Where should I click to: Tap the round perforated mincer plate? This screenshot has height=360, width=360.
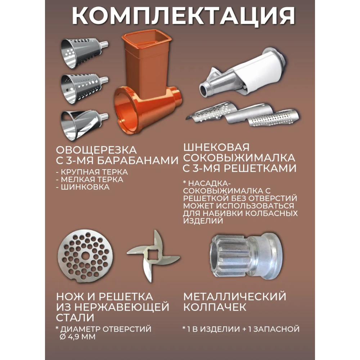click(85, 256)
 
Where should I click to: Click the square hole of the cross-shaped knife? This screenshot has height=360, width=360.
click(153, 256)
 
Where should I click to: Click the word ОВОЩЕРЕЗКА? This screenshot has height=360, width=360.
click(96, 150)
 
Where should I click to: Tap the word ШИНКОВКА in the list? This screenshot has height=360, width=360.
click(85, 187)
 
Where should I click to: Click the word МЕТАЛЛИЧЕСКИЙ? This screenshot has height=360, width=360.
click(235, 296)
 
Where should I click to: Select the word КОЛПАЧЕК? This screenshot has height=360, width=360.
click(215, 307)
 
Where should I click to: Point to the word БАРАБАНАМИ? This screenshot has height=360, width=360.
click(138, 161)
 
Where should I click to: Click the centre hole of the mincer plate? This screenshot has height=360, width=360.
click(85, 256)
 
